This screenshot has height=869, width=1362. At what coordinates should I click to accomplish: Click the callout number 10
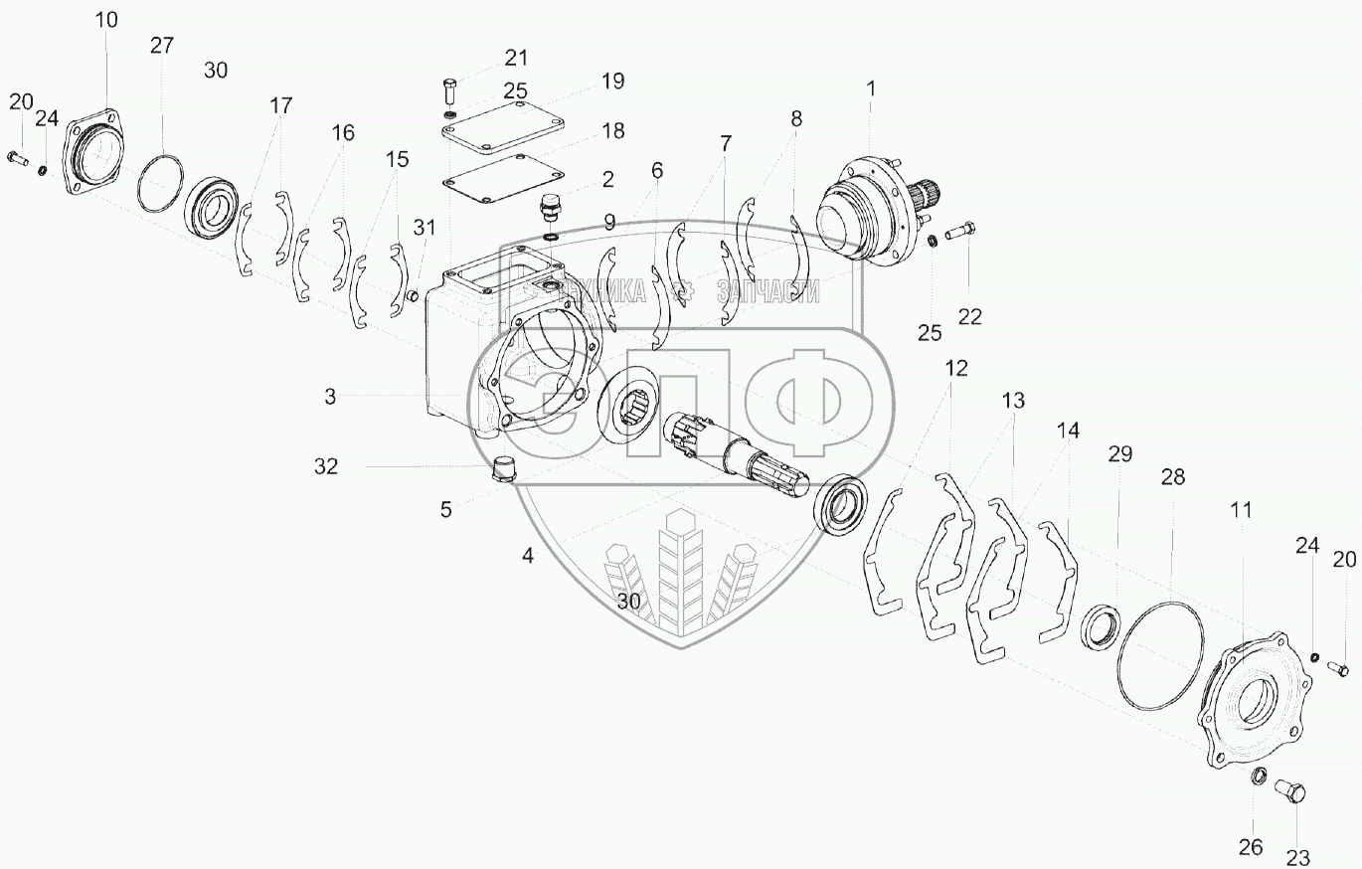tap(105, 20)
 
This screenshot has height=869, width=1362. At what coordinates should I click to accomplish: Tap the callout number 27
tap(162, 45)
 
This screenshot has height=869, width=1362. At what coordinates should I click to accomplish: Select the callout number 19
tap(612, 82)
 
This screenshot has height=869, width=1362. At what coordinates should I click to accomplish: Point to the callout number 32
tap(327, 465)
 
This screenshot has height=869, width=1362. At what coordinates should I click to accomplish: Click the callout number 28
tap(1173, 477)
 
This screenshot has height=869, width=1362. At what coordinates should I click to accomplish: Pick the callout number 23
tap(1298, 856)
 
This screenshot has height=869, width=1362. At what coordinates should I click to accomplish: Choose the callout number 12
tap(955, 369)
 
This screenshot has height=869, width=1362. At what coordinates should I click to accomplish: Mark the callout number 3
tap(329, 396)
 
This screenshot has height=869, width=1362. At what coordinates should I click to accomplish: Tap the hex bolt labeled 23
tap(1290, 794)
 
